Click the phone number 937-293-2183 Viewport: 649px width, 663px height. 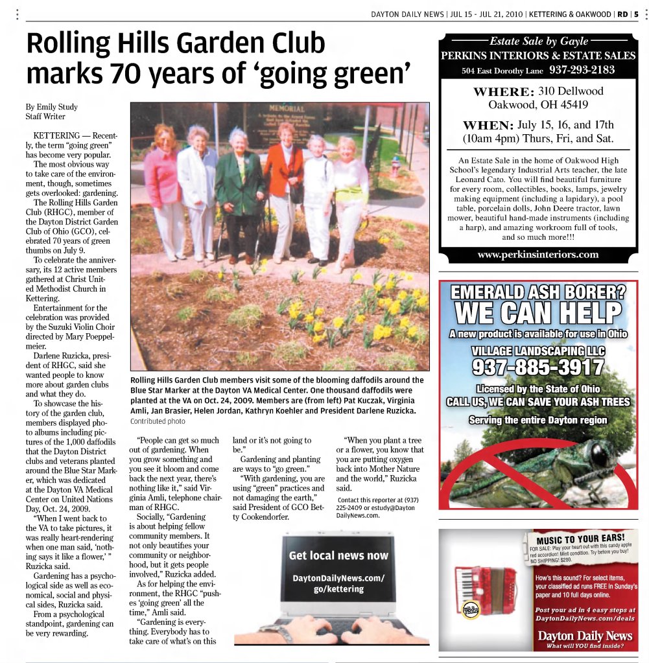point(581,70)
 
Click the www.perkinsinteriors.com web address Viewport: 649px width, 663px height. point(538,255)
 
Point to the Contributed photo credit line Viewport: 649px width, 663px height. point(158,421)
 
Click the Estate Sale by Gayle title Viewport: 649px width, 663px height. point(537,42)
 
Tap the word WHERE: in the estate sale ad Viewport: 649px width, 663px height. point(503,91)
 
